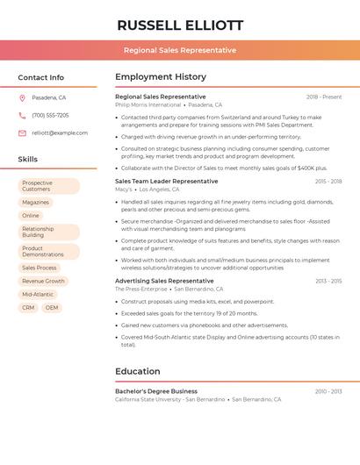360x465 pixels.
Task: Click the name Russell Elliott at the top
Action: (180, 25)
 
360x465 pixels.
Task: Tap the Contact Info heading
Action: (41, 77)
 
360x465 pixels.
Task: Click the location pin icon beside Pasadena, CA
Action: (22, 97)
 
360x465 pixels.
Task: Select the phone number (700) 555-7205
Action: (50, 115)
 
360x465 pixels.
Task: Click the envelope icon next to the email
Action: (22, 133)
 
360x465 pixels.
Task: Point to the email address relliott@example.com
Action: (60, 133)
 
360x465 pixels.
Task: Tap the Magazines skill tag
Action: (36, 202)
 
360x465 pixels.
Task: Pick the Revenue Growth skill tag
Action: (43, 281)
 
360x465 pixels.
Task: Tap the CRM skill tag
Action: (28, 308)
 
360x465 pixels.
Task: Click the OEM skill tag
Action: (52, 308)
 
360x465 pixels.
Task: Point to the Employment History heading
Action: (161, 77)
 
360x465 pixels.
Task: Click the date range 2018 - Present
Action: (324, 97)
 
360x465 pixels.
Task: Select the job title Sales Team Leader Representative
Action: (166, 181)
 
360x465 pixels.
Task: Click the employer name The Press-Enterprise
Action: (140, 289)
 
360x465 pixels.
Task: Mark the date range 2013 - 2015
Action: (328, 281)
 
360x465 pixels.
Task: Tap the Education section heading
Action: (138, 371)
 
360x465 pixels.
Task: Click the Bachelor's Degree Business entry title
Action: (156, 391)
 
